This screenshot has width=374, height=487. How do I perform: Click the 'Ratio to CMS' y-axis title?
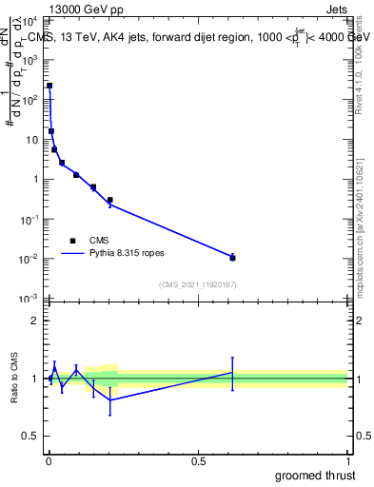pos(13,379)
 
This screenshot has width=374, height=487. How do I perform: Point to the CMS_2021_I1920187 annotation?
pos(197,284)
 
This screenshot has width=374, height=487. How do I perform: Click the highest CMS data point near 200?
pos(49,86)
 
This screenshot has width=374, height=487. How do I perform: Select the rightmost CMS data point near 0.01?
pos(232,258)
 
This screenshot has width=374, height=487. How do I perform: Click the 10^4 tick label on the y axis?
pos(30,20)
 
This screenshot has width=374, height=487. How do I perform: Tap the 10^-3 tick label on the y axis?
pos(30,300)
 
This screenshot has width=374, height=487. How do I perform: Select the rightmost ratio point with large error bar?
pos(232,373)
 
